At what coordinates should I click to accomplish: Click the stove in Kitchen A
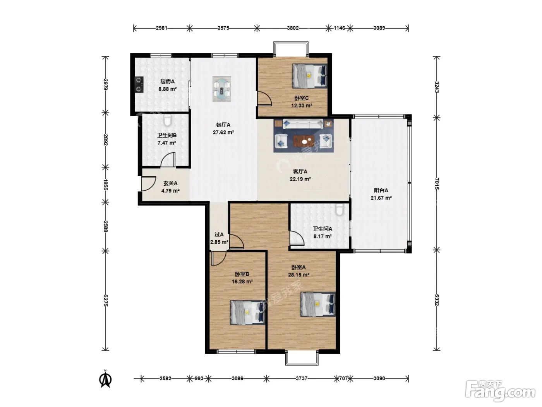(139, 85)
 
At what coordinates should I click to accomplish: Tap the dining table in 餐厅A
(222, 89)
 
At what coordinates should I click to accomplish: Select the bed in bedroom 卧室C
(310, 76)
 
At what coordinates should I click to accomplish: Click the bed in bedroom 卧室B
(247, 312)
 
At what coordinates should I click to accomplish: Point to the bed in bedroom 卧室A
(318, 304)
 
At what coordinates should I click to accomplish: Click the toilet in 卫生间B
(168, 120)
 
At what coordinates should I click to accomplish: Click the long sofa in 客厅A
(303, 124)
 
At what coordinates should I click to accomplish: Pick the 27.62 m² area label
(223, 132)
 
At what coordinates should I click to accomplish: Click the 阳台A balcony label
(381, 190)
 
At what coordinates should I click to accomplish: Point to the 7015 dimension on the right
(437, 184)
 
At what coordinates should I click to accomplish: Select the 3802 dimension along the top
(293, 28)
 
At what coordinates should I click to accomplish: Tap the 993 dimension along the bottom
(199, 378)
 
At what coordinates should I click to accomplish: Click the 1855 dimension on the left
(105, 185)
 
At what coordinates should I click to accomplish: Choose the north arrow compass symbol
(105, 379)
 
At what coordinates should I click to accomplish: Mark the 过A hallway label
(219, 234)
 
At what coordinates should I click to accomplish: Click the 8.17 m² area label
(322, 236)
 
